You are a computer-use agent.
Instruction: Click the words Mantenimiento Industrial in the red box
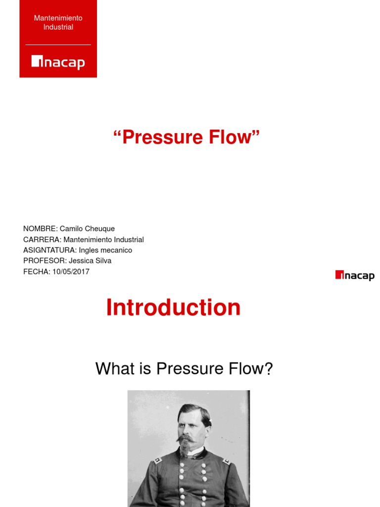[x=58, y=22]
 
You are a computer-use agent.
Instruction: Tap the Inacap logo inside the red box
[x=58, y=62]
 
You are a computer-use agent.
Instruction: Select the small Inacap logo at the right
[x=354, y=276]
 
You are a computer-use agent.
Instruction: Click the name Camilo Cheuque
[x=87, y=229]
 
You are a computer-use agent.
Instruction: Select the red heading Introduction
[x=173, y=307]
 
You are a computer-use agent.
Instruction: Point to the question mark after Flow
[x=269, y=369]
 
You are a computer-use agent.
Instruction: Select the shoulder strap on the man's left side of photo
[x=157, y=460]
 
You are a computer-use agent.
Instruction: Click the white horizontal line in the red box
[x=58, y=45]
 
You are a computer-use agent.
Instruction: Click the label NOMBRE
[x=40, y=229]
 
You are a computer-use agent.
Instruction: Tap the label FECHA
[x=36, y=272]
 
